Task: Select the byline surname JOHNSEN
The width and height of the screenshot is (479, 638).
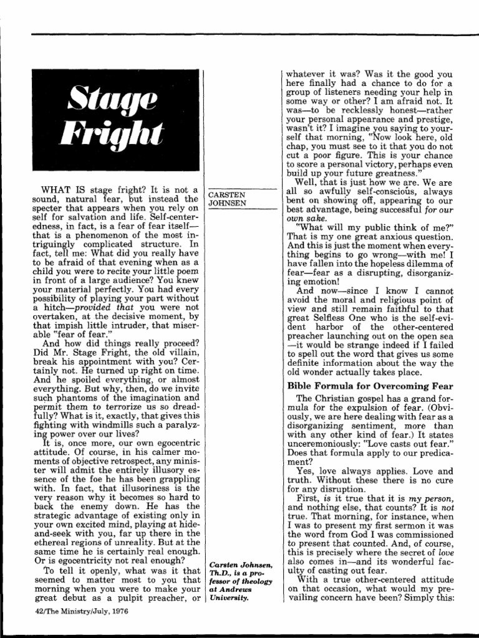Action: click(228, 203)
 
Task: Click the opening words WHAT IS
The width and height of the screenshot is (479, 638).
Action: click(62, 189)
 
